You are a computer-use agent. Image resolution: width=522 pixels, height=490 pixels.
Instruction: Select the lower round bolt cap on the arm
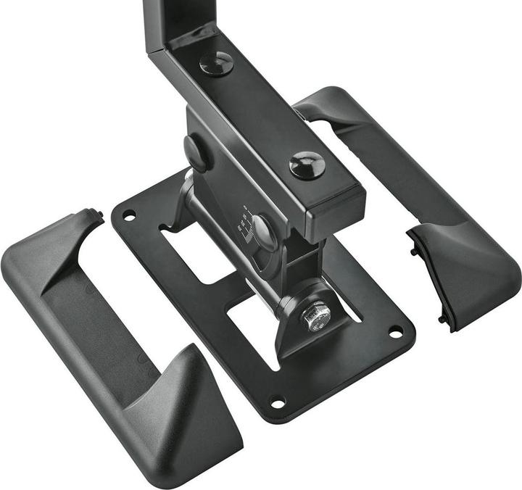pyautogui.click(x=307, y=165)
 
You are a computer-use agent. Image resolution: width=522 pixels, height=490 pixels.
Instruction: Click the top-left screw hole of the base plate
pyautogui.click(x=129, y=215)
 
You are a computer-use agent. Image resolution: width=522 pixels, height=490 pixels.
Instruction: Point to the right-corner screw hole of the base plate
pyautogui.click(x=395, y=331)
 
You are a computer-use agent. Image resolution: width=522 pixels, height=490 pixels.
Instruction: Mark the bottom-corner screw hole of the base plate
pyautogui.click(x=278, y=401)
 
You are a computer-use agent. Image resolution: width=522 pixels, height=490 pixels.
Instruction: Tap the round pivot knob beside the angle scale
pyautogui.click(x=265, y=232)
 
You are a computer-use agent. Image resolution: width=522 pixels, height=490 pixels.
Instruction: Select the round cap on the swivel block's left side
pyautogui.click(x=196, y=153)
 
